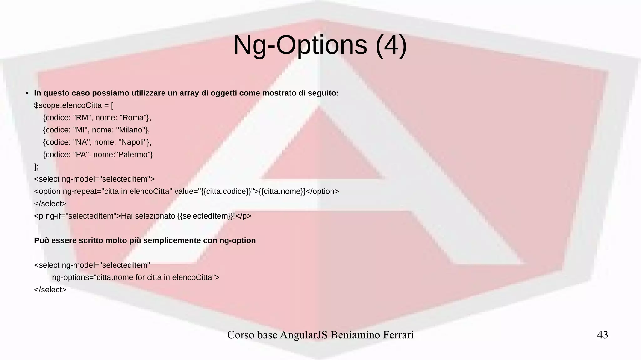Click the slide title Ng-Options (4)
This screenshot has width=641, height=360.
tap(320, 45)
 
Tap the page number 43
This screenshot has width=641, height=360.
tap(603, 335)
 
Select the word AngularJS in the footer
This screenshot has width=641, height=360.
tap(304, 335)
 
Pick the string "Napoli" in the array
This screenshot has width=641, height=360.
tap(133, 142)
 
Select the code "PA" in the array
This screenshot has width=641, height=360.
tap(81, 154)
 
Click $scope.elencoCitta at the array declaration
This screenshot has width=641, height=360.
tap(68, 105)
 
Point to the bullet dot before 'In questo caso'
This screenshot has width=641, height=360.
tap(27, 93)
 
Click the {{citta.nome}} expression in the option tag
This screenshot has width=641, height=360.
tap(282, 191)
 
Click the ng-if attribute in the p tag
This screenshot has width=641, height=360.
tap(55, 216)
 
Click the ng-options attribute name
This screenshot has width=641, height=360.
tap(70, 277)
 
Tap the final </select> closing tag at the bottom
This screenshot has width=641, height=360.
tap(50, 290)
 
